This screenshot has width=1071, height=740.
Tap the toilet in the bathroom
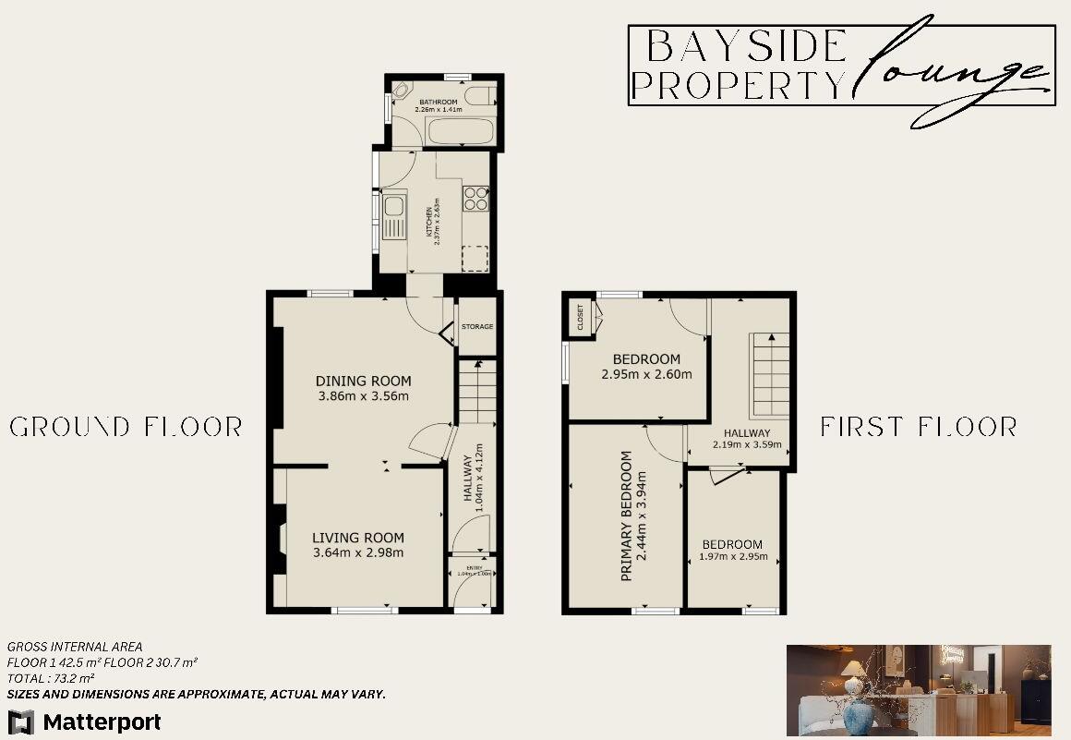[x=478, y=95]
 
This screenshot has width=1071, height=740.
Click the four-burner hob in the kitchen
[x=475, y=199]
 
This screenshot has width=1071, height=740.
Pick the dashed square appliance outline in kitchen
[x=475, y=259]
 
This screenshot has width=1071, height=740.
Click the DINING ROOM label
[x=363, y=381]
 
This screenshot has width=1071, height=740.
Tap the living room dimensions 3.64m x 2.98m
[x=358, y=553]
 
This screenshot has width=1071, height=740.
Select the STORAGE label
[x=478, y=327]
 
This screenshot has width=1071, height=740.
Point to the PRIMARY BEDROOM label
[x=627, y=516]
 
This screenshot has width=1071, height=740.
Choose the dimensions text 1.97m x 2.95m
[x=734, y=556]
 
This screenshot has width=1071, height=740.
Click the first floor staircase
[x=769, y=375]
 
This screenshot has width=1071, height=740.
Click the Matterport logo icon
[x=20, y=722]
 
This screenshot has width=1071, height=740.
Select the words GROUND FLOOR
[x=126, y=427]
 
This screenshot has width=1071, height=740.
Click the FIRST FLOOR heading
[x=919, y=427]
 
